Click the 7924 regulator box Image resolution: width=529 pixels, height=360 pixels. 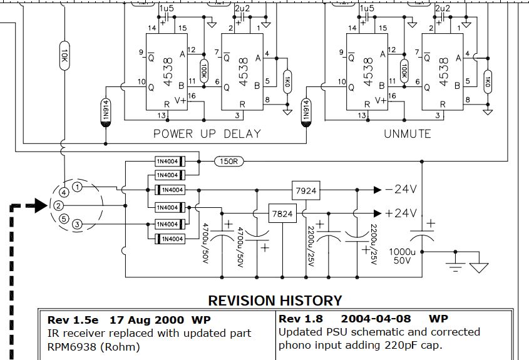coord(305,189)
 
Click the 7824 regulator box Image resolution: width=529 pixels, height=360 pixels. coord(282,213)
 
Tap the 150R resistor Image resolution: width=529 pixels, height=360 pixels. coord(229,162)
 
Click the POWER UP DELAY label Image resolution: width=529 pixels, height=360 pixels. coord(207,133)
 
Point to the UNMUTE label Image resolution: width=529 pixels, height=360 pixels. coord(407,133)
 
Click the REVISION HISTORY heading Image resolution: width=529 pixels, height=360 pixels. coord(275,301)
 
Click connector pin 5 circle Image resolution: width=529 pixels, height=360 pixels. coord(64,219)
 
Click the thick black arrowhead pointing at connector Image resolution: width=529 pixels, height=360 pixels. coord(40,205)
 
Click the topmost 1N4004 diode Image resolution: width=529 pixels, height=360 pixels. coord(170,162)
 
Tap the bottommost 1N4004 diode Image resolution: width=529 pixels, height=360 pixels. coord(170,239)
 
